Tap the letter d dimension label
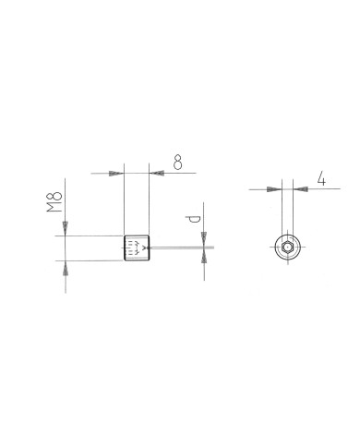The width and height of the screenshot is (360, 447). coord(192,220)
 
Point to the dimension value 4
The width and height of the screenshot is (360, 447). coord(319,178)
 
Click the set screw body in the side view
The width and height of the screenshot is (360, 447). coord(136,248)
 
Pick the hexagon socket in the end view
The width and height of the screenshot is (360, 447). coord(288,248)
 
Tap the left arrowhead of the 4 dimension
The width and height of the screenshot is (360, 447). coord(275,189)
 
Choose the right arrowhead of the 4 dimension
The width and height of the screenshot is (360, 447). coord(301,189)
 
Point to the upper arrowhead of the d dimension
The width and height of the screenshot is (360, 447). coord(203,239)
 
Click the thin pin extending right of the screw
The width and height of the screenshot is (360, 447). coord(180,248)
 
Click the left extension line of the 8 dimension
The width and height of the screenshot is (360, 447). coord(124,203)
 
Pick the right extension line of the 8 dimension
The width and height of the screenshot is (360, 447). coord(148,203)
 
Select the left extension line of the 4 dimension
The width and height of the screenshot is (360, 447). coord(283,208)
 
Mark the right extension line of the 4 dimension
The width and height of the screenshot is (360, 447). coord(293,208)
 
